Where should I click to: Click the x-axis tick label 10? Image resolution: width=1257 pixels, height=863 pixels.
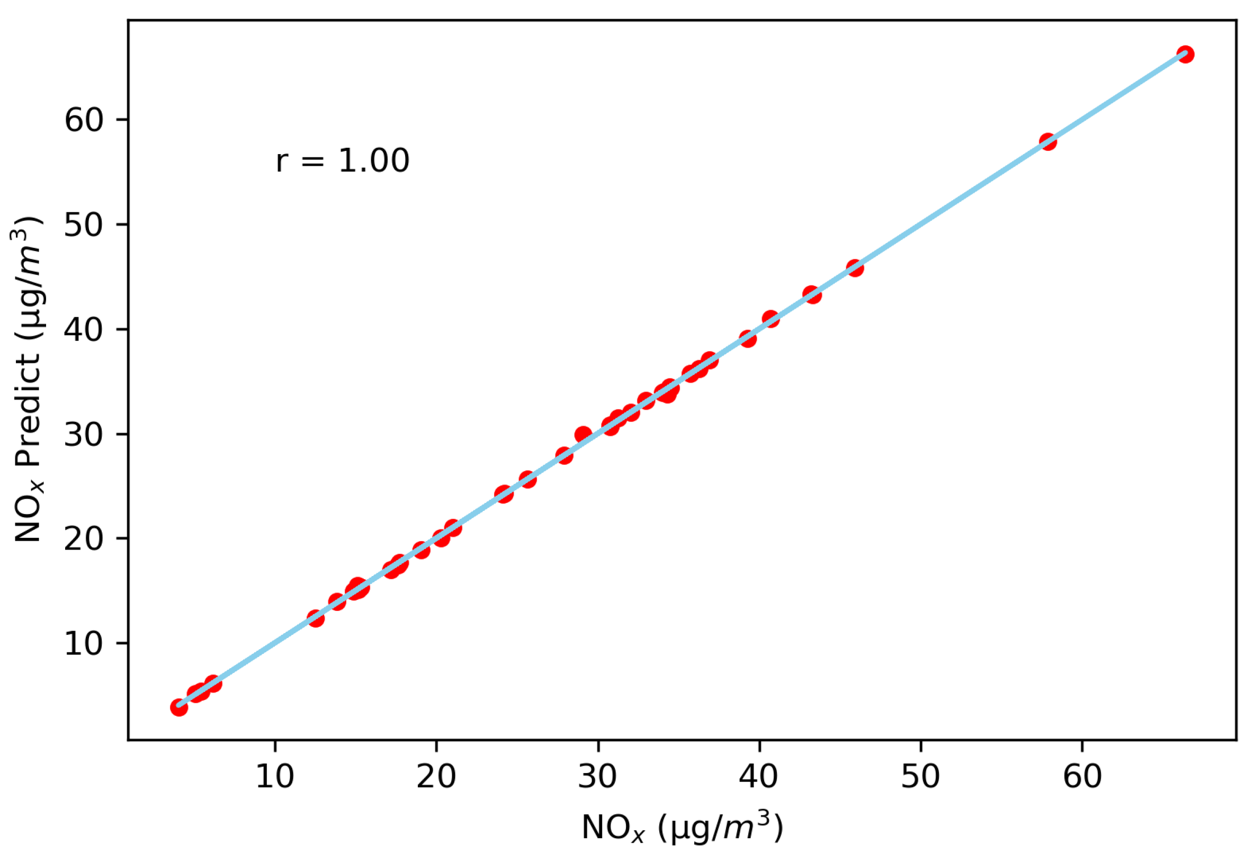coord(274,777)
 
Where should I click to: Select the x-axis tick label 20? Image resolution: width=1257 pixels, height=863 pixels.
coord(436,777)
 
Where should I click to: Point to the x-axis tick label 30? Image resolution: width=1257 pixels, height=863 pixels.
coord(597,777)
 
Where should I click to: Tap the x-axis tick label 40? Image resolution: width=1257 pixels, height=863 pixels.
coord(758,777)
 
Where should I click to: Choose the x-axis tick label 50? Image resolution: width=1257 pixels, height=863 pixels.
coord(920,777)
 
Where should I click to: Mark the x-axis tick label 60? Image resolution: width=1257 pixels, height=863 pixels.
coord(1082,777)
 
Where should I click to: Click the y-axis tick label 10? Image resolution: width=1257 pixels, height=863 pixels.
coord(83,643)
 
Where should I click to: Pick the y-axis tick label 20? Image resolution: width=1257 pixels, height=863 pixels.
coord(83,538)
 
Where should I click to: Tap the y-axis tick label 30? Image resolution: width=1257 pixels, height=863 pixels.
coord(83,434)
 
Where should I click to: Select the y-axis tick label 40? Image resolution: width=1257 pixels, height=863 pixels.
coord(83,329)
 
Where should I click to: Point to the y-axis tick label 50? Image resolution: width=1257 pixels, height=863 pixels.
coord(83,224)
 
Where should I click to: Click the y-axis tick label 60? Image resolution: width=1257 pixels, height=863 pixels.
coord(83,120)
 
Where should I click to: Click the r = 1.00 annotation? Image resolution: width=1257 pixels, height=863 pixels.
coord(343,160)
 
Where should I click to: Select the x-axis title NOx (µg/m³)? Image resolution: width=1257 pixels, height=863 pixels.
coord(682,828)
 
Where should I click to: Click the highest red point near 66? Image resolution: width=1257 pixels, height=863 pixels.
coord(1185,55)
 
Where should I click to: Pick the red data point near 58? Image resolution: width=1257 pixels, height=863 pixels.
coord(1048,142)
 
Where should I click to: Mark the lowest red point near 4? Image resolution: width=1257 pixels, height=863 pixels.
coord(179,707)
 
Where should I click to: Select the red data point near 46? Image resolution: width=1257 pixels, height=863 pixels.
coord(855,268)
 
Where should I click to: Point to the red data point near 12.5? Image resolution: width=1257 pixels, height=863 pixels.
coord(316,618)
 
